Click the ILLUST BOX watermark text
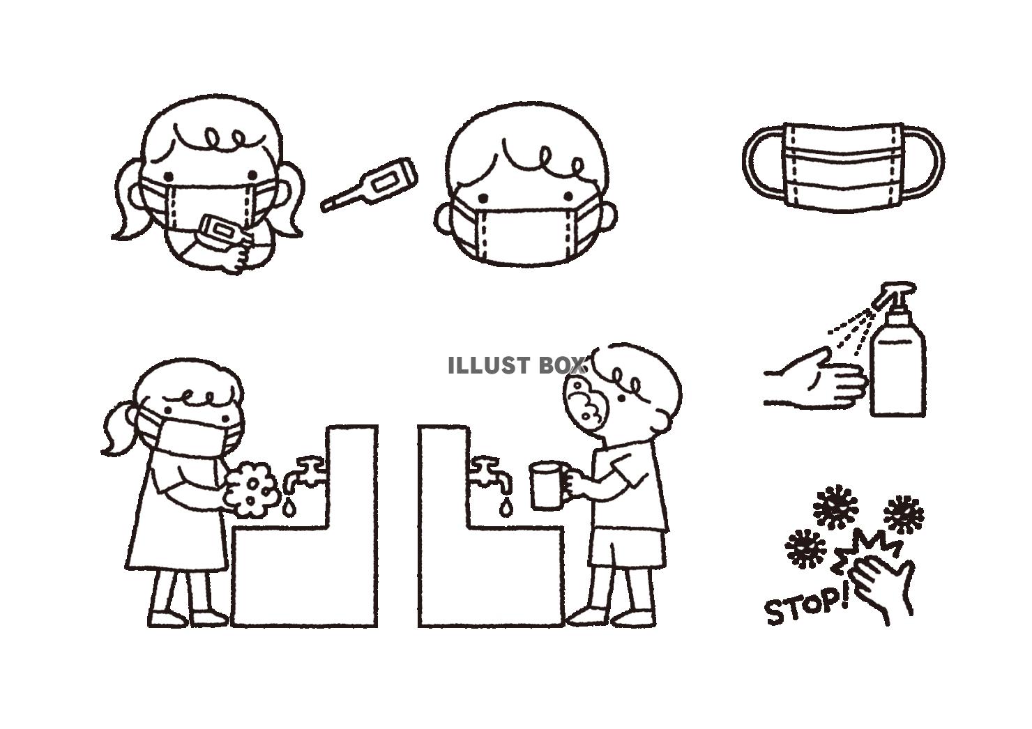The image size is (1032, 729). pos(517,365)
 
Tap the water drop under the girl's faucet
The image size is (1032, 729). pos(289,507)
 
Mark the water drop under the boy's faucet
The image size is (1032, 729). pos(506,508)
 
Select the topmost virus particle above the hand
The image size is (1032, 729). pos(835,507)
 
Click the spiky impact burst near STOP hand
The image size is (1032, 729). pos(866,551)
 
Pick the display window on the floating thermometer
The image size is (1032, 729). pos(385,184)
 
